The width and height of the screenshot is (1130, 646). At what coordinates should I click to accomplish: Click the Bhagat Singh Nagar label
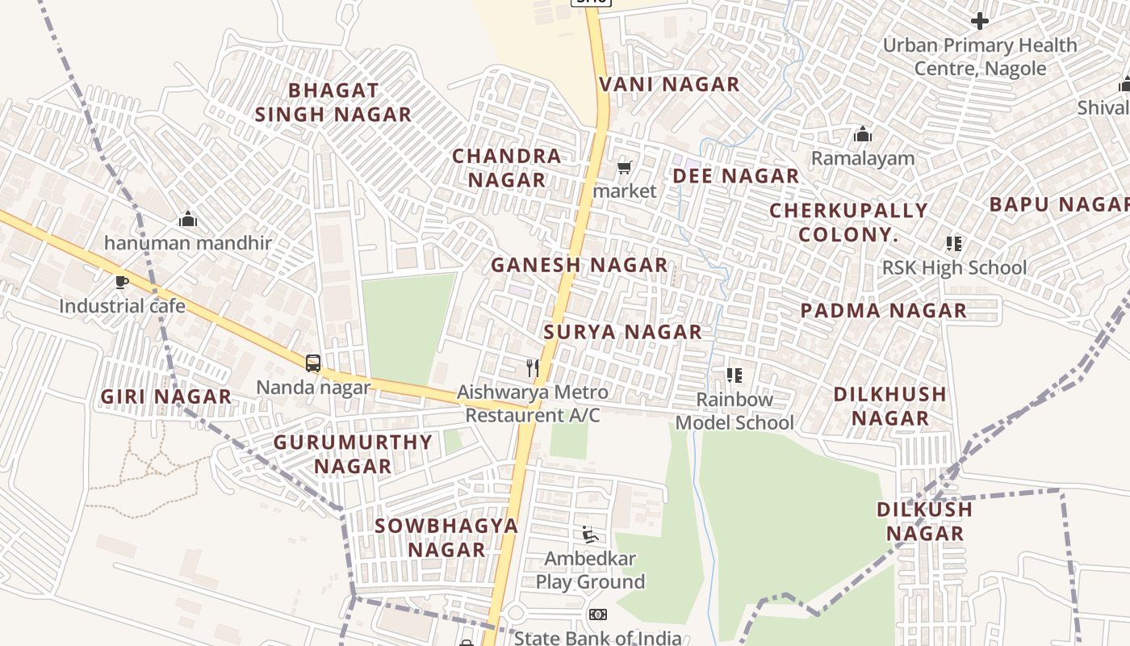pos(333,103)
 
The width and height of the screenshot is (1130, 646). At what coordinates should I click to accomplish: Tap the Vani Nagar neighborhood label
pos(669,85)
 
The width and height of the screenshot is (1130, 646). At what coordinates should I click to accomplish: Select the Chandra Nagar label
pos(506,168)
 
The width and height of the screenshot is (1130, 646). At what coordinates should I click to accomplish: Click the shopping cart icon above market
pos(624,168)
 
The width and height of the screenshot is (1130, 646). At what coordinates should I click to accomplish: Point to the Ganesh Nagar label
pos(579,265)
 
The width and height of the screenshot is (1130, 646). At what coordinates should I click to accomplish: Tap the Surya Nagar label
pos(622,332)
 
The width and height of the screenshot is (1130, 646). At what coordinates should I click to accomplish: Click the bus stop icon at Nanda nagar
pos(313,363)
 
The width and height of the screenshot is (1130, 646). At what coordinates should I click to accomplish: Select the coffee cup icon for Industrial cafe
pos(122,282)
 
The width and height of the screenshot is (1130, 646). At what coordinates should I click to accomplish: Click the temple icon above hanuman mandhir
pos(188,219)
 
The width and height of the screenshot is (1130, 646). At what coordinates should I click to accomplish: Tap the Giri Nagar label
pos(166,396)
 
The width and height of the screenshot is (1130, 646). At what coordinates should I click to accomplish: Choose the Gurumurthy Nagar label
pos(353,454)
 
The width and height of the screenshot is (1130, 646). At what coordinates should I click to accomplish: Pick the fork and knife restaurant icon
pos(532,368)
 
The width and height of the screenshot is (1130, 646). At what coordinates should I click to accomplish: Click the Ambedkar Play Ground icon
pos(590,535)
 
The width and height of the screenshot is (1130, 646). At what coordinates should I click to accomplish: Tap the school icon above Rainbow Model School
pos(734,375)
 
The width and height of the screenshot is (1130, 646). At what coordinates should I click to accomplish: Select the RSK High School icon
pos(954,243)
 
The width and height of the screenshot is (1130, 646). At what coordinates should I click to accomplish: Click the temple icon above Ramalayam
pos(863,134)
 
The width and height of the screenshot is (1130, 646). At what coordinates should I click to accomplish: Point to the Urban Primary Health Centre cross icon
pos(980,20)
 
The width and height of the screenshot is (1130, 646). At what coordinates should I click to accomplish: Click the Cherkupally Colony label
pos(848,223)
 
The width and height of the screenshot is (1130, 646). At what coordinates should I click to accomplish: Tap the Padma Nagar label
pos(883,311)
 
